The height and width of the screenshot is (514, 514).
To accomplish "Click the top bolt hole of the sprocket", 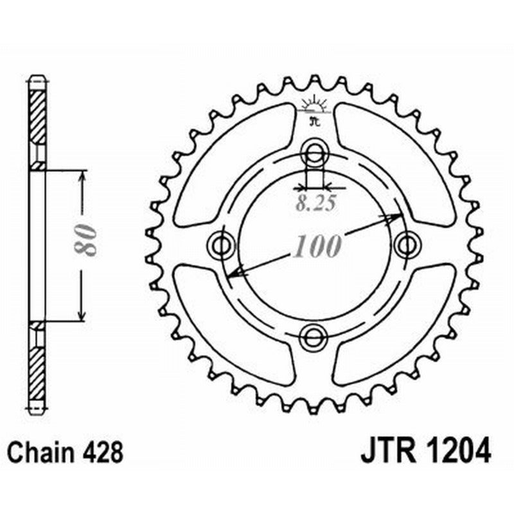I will point(314,154).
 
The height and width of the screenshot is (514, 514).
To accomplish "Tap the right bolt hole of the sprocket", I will point(406,244).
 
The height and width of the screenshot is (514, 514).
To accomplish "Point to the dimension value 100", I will point(315,247).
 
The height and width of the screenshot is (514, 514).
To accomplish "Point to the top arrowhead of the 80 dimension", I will point(81,177).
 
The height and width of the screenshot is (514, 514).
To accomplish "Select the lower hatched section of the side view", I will point(38,366).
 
